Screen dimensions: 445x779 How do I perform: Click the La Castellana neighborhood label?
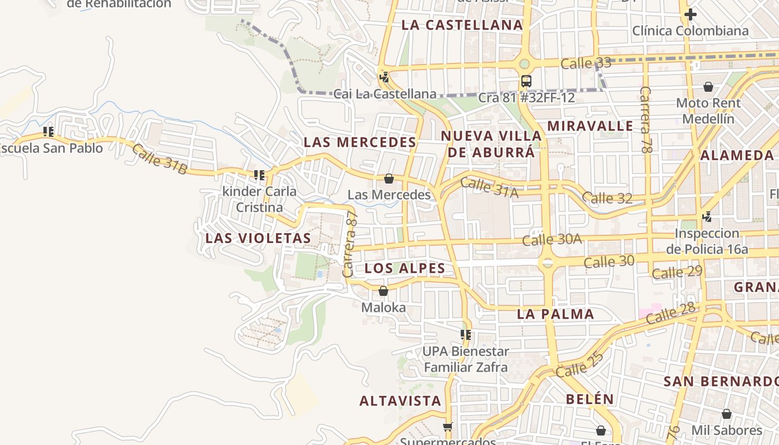click(x=462, y=25)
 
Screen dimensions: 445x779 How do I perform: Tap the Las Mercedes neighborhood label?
click(x=360, y=142)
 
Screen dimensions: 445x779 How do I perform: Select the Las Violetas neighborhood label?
click(x=258, y=238)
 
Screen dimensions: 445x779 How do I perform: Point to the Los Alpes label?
click(x=405, y=268)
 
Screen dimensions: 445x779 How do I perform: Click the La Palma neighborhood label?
click(x=555, y=314)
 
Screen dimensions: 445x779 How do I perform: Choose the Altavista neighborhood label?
click(x=400, y=400)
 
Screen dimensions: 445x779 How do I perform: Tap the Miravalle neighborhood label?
click(x=590, y=126)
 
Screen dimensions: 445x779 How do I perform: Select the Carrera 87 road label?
click(x=350, y=245)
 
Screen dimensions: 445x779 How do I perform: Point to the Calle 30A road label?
click(x=551, y=240)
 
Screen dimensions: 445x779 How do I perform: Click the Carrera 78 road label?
click(x=645, y=119)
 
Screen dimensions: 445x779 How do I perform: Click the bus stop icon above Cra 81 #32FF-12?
click(x=526, y=81)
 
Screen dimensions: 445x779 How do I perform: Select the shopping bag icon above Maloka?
click(x=383, y=291)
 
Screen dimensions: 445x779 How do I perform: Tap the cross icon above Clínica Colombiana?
click(x=691, y=14)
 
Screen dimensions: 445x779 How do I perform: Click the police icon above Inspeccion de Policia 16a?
click(x=707, y=216)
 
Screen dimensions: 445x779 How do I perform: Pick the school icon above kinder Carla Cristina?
click(x=259, y=175)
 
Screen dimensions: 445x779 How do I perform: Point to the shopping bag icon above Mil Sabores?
click(x=726, y=414)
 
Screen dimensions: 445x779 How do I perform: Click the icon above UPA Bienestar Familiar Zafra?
click(x=466, y=335)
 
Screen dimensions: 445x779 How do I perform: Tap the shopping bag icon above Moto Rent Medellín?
click(x=708, y=87)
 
